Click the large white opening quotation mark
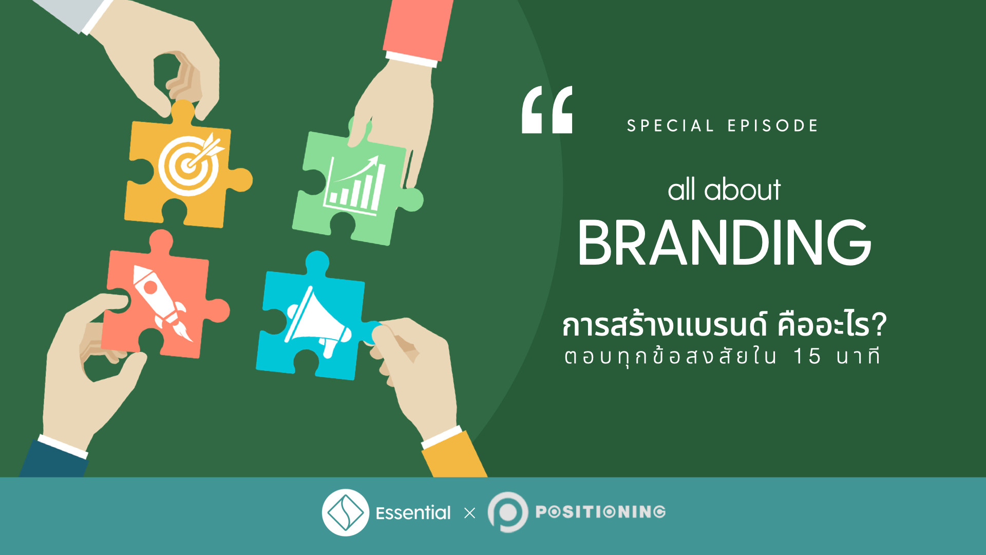coord(547,110)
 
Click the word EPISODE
coord(773,126)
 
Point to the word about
coord(742,190)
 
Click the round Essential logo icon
coord(345,512)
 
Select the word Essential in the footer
coord(413,513)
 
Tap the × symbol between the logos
coord(469,513)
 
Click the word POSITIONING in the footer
coord(600,512)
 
